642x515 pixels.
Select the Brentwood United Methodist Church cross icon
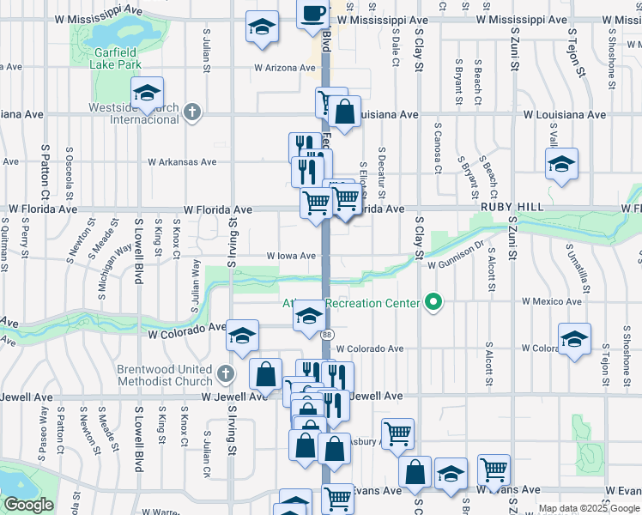[225, 374]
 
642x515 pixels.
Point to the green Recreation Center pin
[433, 302]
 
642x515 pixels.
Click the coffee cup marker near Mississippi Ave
[312, 14]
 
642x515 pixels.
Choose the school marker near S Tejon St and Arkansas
[561, 164]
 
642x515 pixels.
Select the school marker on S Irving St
[243, 336]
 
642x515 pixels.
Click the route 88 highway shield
[327, 334]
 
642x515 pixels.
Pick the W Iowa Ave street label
[290, 256]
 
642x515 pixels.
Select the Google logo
[27, 506]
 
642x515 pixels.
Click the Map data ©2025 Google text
[588, 508]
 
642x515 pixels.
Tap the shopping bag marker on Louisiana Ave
[344, 112]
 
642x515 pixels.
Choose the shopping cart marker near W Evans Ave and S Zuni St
[494, 470]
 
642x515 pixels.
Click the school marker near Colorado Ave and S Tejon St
[574, 339]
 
